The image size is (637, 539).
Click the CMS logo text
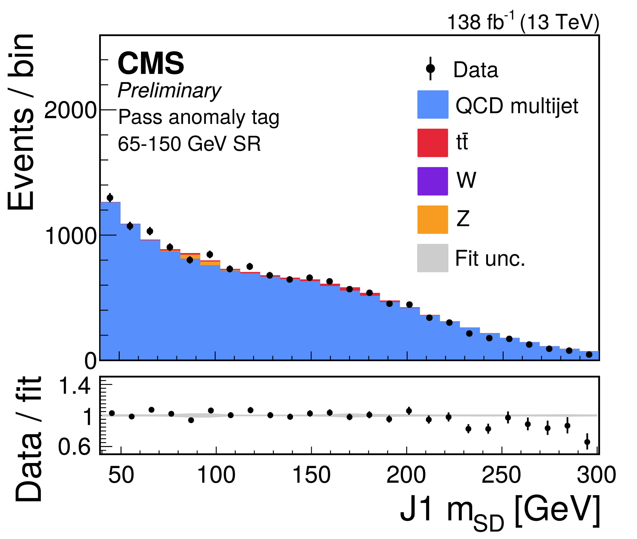coord(151,63)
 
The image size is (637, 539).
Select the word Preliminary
coord(169,91)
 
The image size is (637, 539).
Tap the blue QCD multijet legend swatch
coord(432,104)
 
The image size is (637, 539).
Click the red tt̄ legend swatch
coord(432,143)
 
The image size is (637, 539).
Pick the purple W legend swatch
coord(432,181)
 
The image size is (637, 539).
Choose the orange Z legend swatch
coord(432,220)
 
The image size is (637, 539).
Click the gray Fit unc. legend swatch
coord(432,258)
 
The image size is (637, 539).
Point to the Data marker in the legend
coord(430,69)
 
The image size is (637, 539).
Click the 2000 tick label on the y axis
coord(70,110)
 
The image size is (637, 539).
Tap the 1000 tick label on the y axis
coord(70,236)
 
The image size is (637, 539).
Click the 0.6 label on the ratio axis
coord(74,447)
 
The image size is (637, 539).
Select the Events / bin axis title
coord(21,122)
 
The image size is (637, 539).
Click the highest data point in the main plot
coord(110,198)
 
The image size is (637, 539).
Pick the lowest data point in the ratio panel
coord(587,442)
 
